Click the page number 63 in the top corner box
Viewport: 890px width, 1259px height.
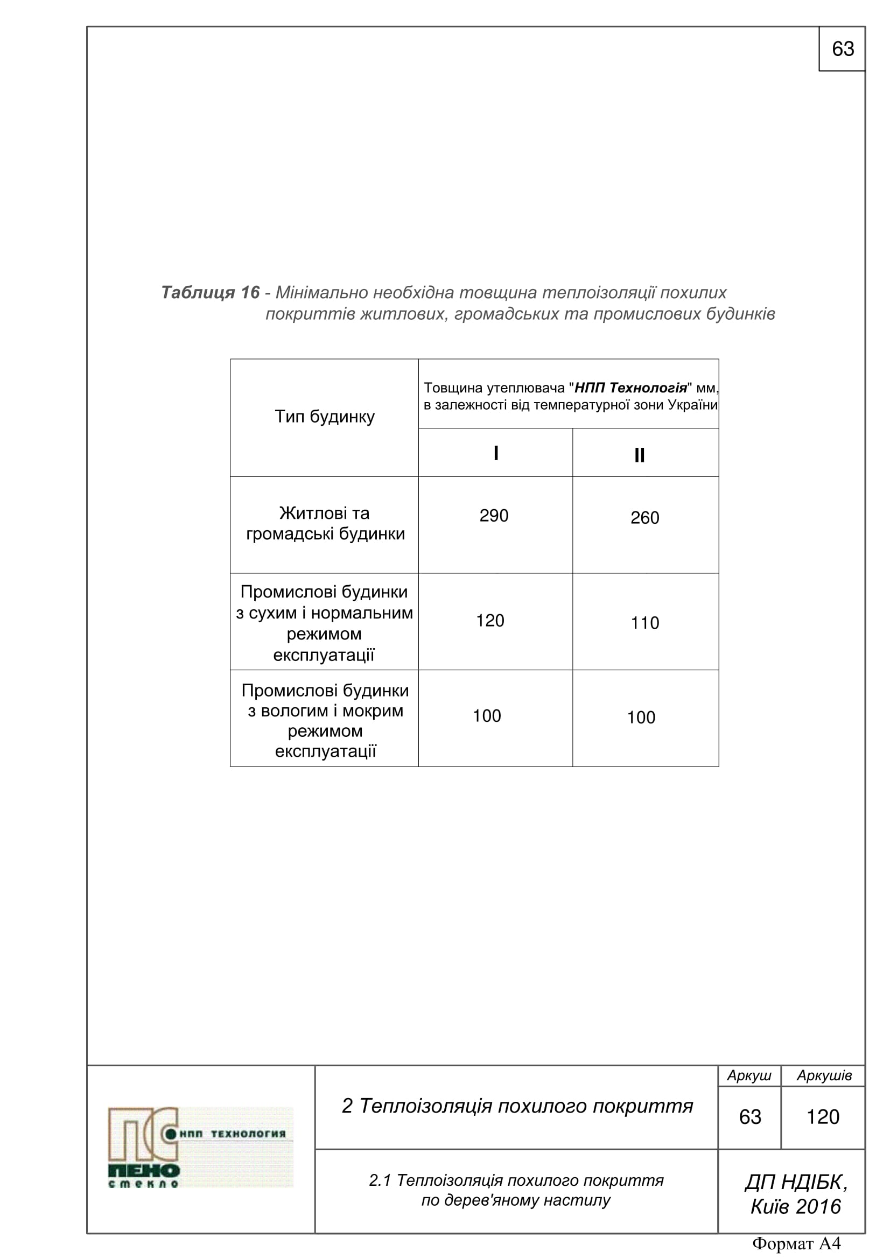click(842, 50)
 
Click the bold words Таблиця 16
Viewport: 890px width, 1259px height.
click(210, 293)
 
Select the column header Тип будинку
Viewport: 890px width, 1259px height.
click(324, 417)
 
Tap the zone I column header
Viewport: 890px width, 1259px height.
click(496, 453)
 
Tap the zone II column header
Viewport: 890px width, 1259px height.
click(640, 456)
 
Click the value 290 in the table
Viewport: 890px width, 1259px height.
click(494, 516)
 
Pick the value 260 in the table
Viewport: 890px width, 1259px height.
click(644, 518)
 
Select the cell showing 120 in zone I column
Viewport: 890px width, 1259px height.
click(490, 621)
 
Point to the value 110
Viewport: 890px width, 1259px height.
click(644, 623)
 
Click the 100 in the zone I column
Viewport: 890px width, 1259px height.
click(487, 716)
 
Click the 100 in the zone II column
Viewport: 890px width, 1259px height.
click(641, 718)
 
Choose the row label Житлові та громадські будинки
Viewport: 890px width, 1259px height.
click(325, 524)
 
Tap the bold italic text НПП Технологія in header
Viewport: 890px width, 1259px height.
click(630, 388)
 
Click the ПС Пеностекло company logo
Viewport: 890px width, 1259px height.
click(200, 1147)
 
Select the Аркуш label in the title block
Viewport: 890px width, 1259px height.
click(749, 1076)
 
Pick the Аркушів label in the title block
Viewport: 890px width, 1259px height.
click(824, 1076)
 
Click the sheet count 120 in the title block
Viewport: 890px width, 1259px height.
click(823, 1117)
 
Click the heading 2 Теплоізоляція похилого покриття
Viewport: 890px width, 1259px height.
click(517, 1107)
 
